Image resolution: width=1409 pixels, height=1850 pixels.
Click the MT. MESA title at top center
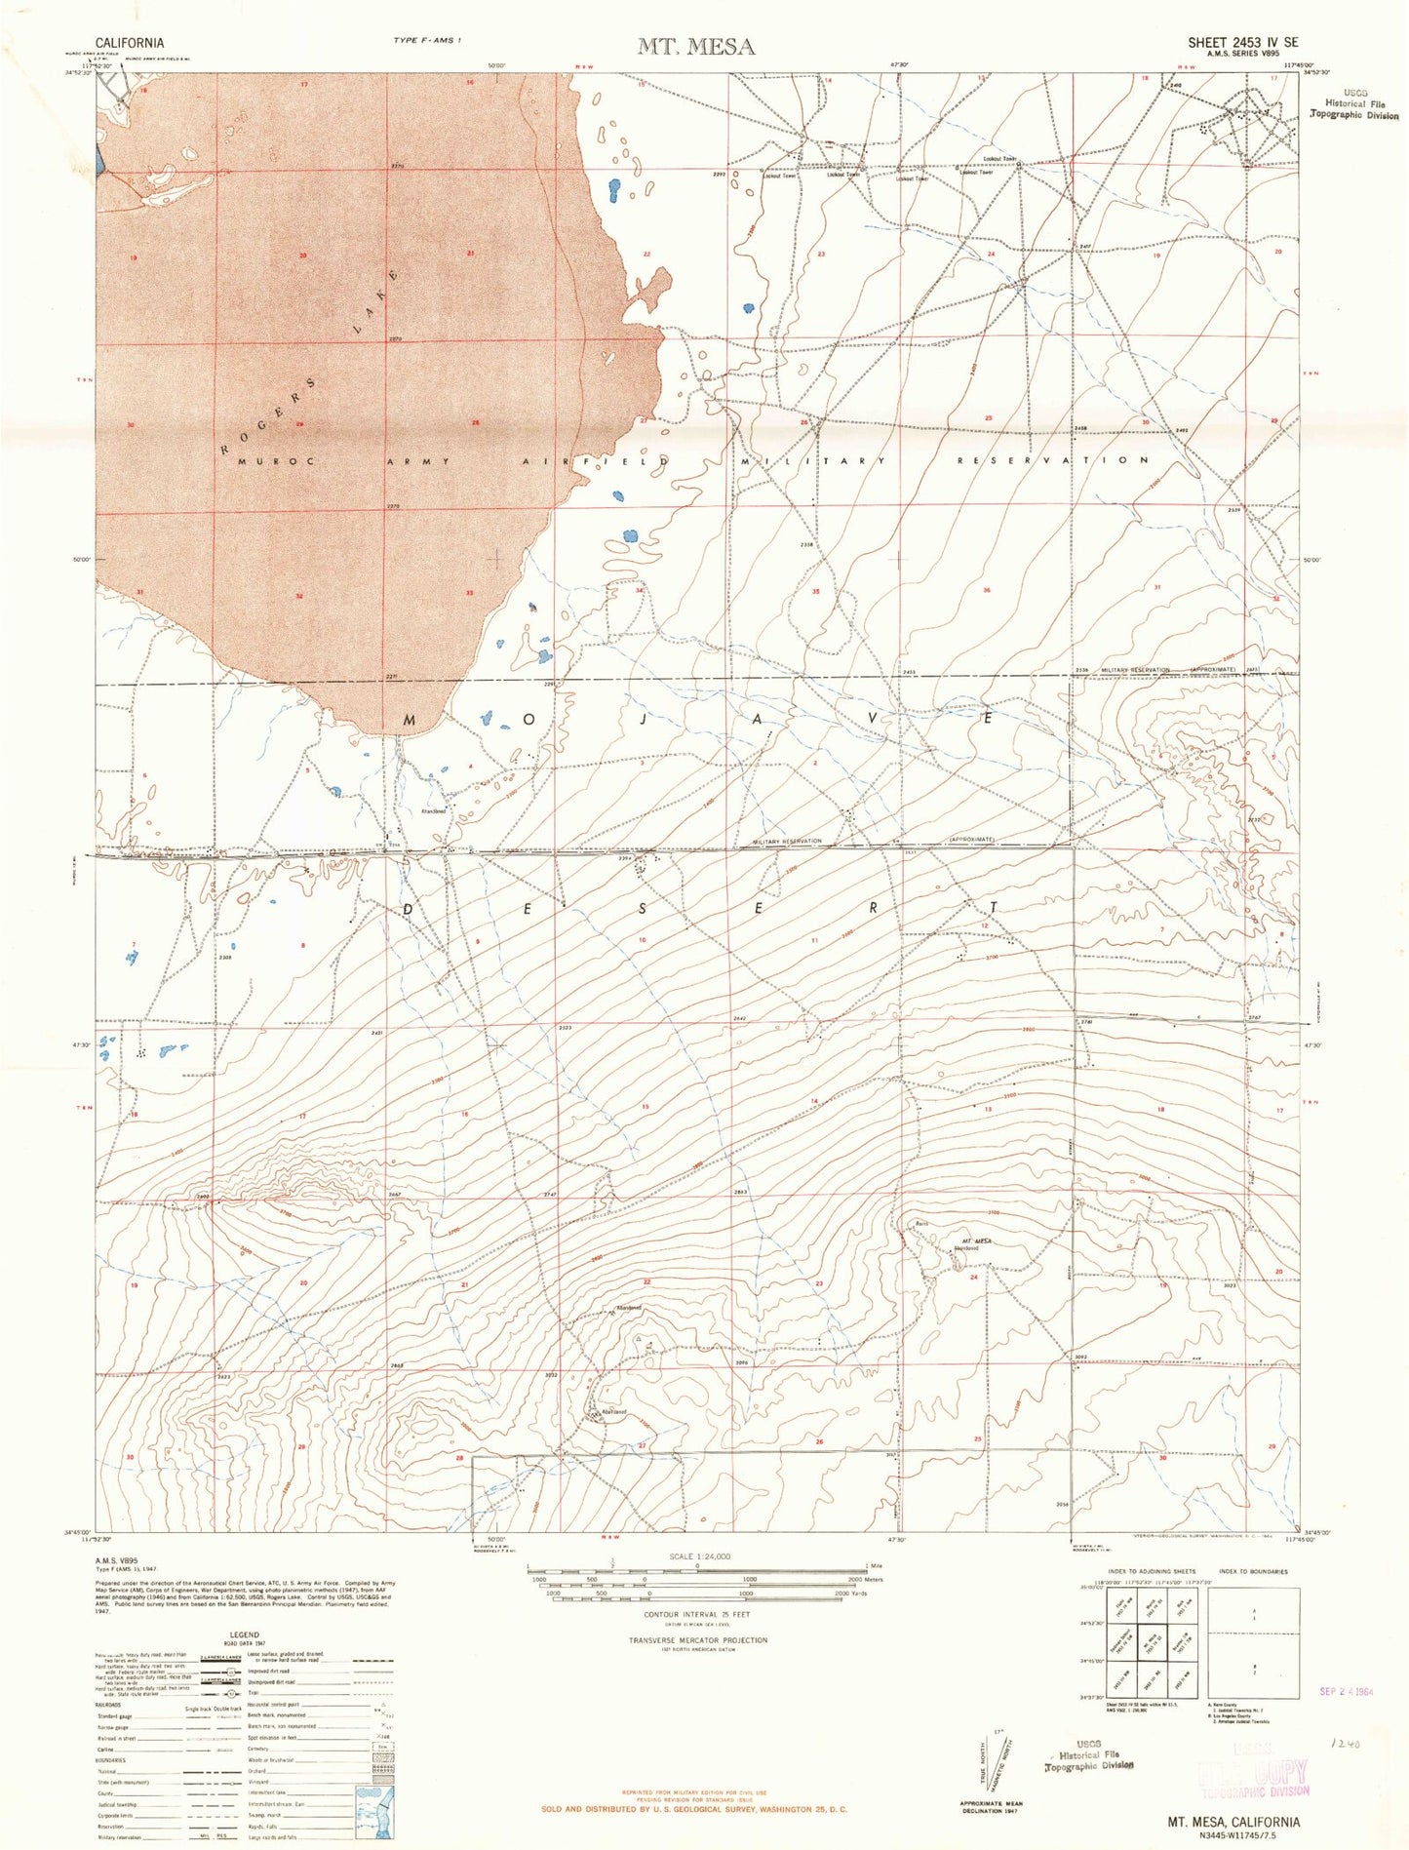tap(695, 46)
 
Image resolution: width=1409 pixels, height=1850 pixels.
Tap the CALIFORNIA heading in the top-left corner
tap(130, 43)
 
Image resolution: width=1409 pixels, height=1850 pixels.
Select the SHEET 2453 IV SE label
tap(1242, 43)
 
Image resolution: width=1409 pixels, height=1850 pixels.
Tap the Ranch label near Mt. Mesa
tap(920, 1224)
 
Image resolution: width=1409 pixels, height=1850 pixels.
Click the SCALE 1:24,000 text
tap(696, 1556)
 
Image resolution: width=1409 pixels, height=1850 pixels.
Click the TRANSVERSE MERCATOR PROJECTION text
tap(696, 1639)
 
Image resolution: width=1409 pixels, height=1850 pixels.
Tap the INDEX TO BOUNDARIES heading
tap(1253, 1571)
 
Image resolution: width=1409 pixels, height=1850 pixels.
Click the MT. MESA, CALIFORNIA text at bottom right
tap(1233, 1821)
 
